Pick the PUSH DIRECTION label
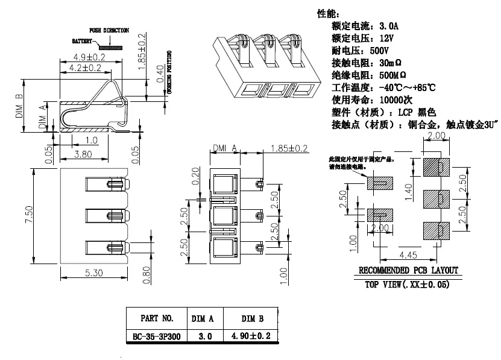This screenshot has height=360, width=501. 109,30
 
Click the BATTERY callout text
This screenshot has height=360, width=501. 82,42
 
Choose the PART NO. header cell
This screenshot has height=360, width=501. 157,318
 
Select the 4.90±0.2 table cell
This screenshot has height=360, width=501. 250,336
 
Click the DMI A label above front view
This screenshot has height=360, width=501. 224,148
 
